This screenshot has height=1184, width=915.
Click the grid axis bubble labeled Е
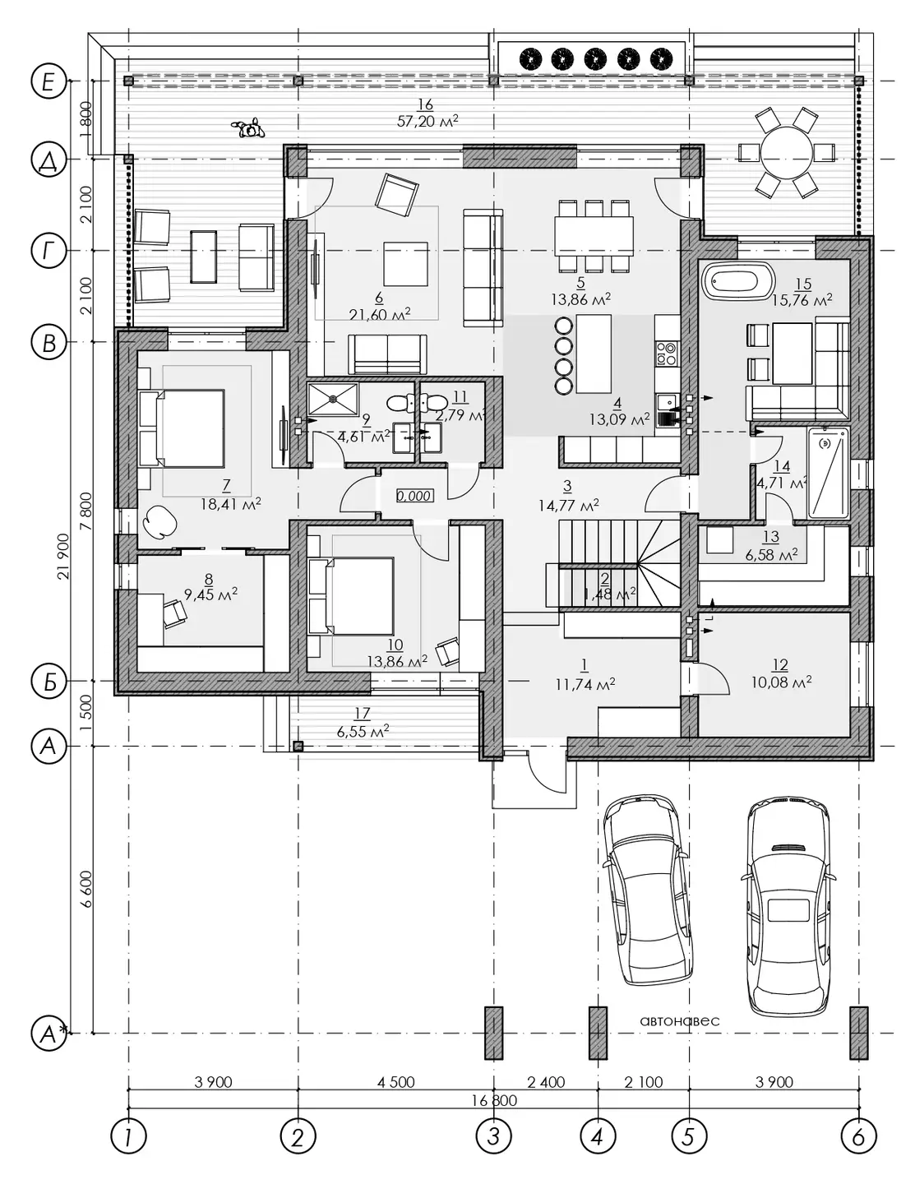(49, 81)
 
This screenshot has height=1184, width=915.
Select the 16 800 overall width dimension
(494, 1100)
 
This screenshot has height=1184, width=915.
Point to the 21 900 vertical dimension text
(63, 556)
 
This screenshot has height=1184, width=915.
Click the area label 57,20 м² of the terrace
(427, 121)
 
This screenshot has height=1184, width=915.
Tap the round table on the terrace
(787, 153)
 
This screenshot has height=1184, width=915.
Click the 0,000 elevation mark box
(415, 496)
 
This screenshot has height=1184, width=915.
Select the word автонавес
(679, 1020)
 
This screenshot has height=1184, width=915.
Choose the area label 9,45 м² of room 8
(210, 594)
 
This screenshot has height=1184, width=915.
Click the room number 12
(780, 664)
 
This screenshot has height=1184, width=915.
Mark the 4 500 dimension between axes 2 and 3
(396, 1081)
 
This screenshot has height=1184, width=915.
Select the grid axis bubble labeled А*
(49, 1033)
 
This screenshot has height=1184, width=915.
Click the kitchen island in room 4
(593, 354)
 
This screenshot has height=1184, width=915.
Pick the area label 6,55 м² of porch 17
(363, 731)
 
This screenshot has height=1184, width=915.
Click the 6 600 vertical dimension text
(86, 888)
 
